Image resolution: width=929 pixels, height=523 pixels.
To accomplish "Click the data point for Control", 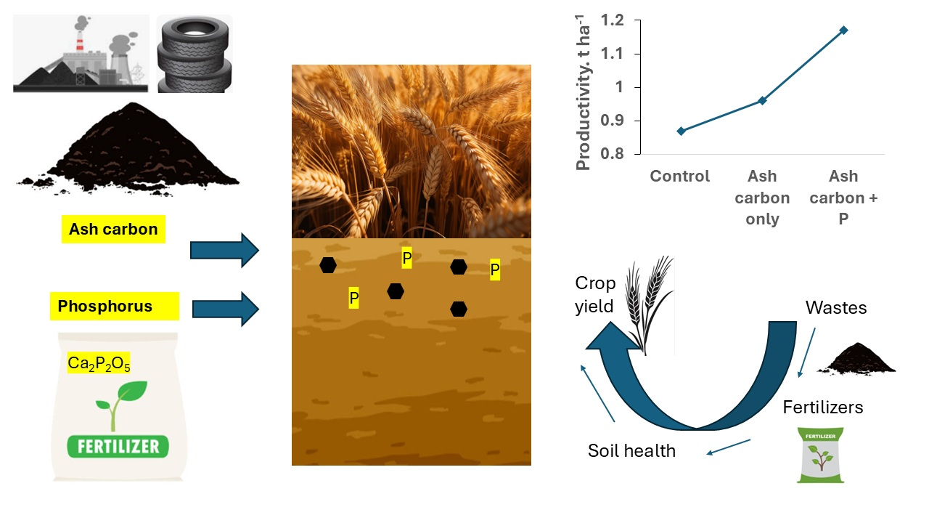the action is pyautogui.click(x=680, y=131).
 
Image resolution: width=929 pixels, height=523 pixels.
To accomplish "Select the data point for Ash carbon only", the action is pyautogui.click(x=762, y=100).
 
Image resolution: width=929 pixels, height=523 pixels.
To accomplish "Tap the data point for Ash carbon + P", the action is pyautogui.click(x=844, y=30).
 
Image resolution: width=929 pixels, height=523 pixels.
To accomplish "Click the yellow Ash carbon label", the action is pyautogui.click(x=113, y=230).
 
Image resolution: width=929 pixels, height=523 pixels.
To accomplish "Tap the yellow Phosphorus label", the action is pyautogui.click(x=115, y=306).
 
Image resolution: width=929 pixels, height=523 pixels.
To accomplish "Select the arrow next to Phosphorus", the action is pyautogui.click(x=225, y=309).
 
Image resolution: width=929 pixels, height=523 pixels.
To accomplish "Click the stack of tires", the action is pyautogui.click(x=195, y=54).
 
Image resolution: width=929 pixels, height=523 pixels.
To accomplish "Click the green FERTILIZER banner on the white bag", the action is pyautogui.click(x=118, y=445).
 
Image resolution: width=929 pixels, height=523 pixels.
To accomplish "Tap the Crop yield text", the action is pyautogui.click(x=594, y=295).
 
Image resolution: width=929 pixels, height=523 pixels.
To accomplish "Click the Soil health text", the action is pyautogui.click(x=631, y=451).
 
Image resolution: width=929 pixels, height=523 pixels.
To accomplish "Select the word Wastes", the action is pyautogui.click(x=836, y=308).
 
